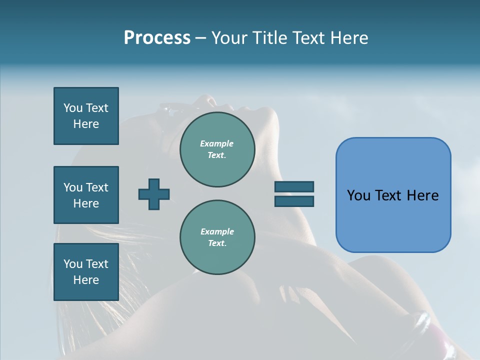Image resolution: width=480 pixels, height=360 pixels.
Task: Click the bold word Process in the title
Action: (x=157, y=38)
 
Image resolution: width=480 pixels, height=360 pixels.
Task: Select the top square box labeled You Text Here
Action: (x=86, y=116)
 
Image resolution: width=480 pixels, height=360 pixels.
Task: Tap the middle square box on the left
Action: (x=86, y=195)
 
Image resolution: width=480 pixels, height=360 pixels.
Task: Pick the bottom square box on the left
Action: (x=86, y=272)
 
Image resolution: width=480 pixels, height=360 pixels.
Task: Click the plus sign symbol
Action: (x=154, y=194)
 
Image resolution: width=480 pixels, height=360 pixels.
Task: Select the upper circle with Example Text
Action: (x=217, y=149)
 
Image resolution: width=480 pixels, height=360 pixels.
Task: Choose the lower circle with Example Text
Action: (x=217, y=237)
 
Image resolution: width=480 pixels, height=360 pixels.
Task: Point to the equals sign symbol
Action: (x=294, y=194)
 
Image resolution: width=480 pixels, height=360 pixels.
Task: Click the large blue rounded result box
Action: (x=393, y=195)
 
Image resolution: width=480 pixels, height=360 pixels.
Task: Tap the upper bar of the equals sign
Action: (x=294, y=187)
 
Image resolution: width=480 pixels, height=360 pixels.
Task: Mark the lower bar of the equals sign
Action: (x=294, y=201)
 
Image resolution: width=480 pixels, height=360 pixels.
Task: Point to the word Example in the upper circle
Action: (x=217, y=143)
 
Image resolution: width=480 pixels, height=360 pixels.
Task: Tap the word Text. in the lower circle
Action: (x=217, y=243)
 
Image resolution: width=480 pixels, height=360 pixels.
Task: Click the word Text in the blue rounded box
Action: (x=388, y=195)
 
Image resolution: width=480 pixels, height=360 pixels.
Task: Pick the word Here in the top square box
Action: (x=86, y=124)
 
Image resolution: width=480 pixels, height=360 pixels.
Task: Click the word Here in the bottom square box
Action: (x=86, y=280)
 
